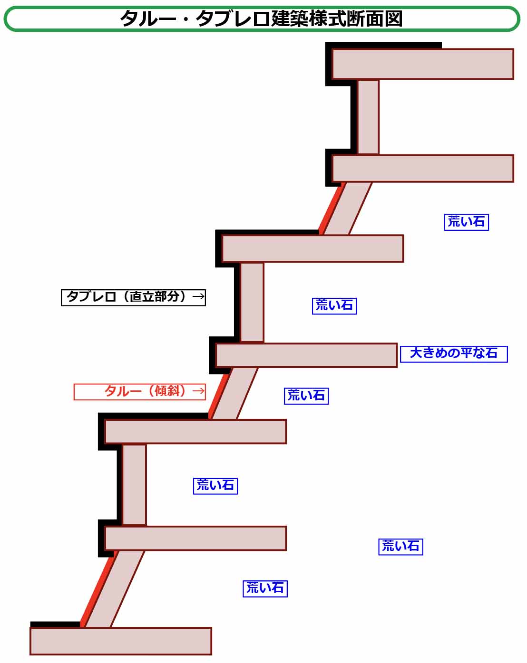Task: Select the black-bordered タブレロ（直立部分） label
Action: tap(133, 297)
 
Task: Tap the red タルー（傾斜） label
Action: tap(140, 392)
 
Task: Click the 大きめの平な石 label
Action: tap(454, 354)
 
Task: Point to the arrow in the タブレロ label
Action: tap(198, 297)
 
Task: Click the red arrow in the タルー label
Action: tap(198, 391)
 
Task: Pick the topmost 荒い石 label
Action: tap(466, 222)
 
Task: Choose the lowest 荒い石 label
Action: tap(265, 588)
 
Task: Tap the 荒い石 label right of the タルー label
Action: tap(306, 396)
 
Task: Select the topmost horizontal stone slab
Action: tap(422, 64)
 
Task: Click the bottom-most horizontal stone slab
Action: tap(121, 641)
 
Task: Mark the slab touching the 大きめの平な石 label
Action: tap(306, 355)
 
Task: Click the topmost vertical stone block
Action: tap(368, 117)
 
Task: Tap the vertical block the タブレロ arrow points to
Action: tap(252, 302)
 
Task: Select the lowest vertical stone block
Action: tap(134, 484)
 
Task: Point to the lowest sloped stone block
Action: tap(115, 589)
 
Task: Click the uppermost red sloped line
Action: tap(332, 208)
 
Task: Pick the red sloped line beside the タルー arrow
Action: tap(219, 393)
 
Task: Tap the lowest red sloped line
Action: tap(98, 589)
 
